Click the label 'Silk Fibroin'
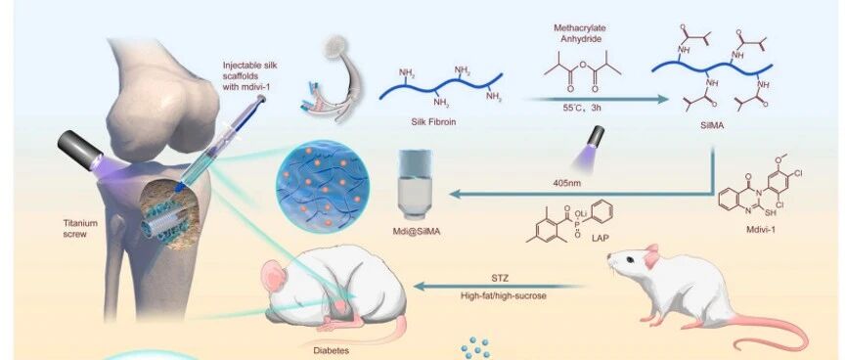pos(433,122)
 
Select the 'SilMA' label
pos(712,126)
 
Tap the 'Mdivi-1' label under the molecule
pos(761,229)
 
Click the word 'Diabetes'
pos(332,350)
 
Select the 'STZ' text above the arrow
pos(500,279)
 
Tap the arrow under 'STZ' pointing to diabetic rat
pos(499,287)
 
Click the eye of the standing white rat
pos(629,259)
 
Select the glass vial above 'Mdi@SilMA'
pos(415,185)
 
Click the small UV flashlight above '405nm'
pos(594,138)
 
